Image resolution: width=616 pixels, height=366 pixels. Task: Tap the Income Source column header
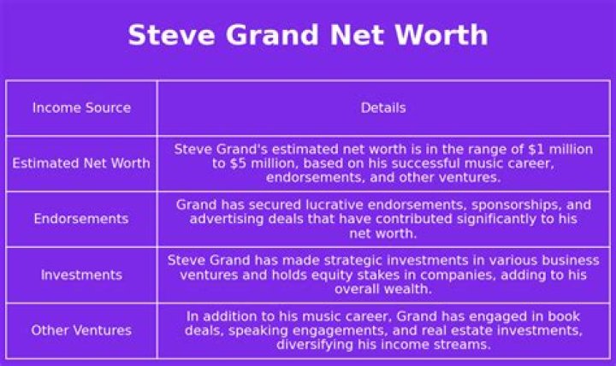[x=81, y=108]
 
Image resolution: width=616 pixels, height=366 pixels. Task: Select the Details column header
[x=383, y=108]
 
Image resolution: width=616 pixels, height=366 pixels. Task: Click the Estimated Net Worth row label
[x=81, y=163]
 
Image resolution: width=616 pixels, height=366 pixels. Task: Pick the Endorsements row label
[x=81, y=219]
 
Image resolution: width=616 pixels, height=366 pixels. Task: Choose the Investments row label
[x=81, y=274]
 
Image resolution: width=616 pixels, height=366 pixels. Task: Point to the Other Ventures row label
[x=81, y=330]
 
